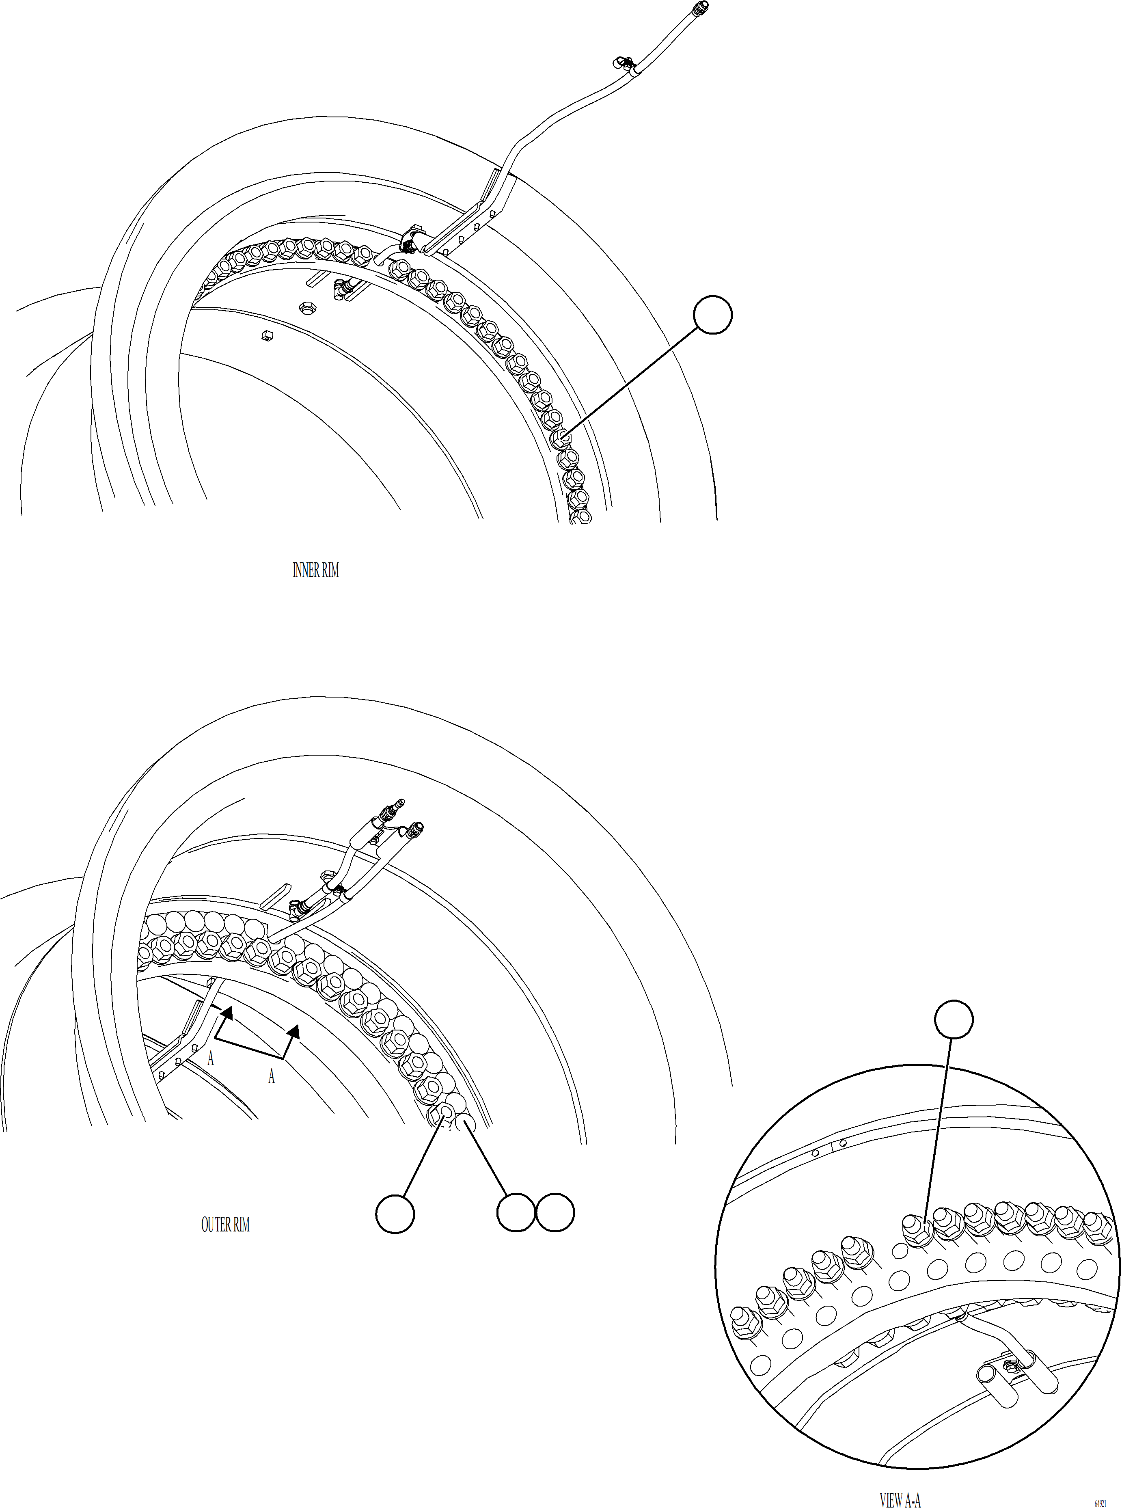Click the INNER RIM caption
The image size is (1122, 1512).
(315, 570)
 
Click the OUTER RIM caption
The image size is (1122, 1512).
(225, 1224)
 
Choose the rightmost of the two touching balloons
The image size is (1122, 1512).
(555, 1212)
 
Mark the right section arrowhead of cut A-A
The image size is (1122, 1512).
(293, 1032)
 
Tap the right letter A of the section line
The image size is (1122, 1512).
(272, 1077)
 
